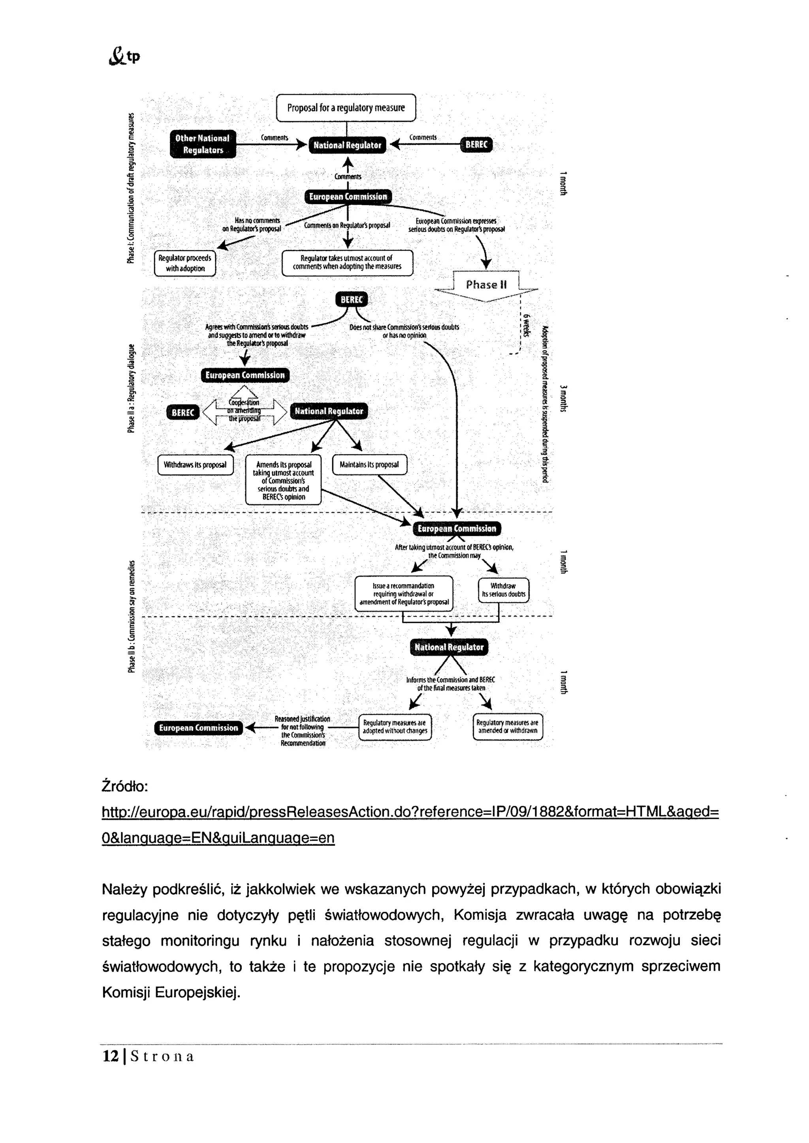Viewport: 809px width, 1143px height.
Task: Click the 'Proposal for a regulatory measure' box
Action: [346, 107]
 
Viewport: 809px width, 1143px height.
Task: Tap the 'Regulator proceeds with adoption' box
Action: [185, 263]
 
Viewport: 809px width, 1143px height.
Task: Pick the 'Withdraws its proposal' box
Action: [195, 465]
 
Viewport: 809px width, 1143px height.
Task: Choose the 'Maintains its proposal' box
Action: [369, 465]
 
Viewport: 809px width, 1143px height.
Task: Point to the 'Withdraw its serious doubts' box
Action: [503, 590]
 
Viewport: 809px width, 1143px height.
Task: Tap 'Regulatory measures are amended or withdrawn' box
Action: [508, 727]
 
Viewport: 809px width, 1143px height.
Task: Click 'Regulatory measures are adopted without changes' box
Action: [395, 727]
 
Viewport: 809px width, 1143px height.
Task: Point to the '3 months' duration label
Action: [563, 398]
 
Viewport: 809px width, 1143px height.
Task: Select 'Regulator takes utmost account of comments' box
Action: [347, 262]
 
